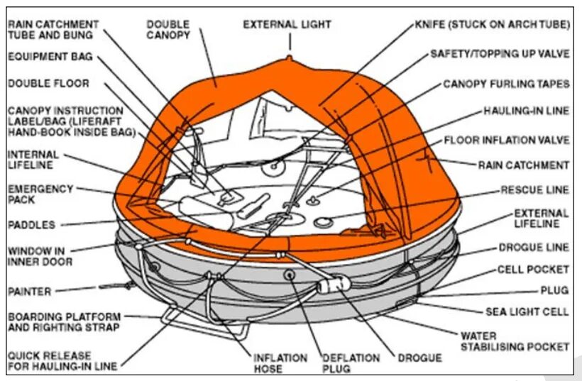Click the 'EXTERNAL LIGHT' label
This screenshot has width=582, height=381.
(x=287, y=24)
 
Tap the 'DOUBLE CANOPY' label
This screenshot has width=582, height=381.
(x=168, y=29)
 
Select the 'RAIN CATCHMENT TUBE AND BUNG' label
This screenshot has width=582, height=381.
(x=53, y=29)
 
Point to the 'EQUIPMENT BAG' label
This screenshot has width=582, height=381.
(x=50, y=57)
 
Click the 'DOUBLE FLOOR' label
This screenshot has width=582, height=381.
(x=48, y=83)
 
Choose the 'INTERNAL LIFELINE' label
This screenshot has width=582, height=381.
(x=33, y=160)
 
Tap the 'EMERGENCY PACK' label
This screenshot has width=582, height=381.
(x=40, y=194)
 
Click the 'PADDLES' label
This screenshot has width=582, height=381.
(x=31, y=225)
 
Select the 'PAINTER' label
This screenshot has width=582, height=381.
(x=30, y=290)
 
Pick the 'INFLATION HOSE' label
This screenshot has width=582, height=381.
(x=280, y=363)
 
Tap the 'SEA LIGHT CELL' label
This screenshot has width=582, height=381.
(x=527, y=311)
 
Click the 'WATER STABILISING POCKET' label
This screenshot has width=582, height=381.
(x=515, y=341)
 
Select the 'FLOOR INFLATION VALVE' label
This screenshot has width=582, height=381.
(x=507, y=140)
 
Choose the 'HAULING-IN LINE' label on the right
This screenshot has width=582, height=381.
(x=527, y=111)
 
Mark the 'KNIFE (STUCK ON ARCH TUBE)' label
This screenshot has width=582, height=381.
(x=493, y=24)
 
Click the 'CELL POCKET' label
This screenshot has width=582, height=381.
(x=533, y=270)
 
